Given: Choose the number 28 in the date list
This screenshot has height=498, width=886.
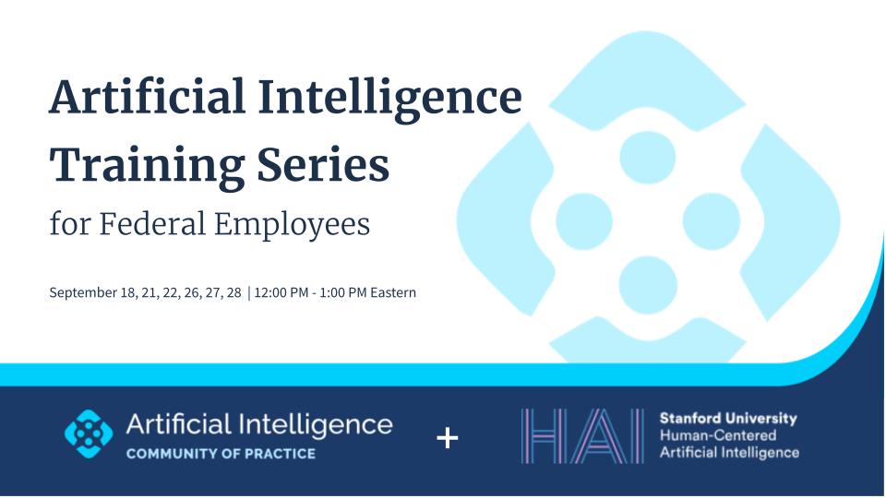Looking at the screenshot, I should click(233, 293).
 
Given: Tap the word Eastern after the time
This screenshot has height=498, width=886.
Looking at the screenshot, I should click(395, 293).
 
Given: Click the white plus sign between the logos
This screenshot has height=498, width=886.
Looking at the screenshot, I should click(447, 437).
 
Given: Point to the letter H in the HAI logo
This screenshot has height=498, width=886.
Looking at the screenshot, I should click(545, 435).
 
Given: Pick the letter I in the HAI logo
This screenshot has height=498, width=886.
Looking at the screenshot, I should click(636, 435).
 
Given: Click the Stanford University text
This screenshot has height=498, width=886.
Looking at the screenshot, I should click(728, 418).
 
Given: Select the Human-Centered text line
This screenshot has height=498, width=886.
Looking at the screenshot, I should click(718, 435).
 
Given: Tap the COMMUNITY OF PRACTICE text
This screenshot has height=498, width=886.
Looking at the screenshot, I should click(220, 454).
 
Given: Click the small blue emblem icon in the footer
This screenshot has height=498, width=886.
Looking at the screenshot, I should click(89, 433).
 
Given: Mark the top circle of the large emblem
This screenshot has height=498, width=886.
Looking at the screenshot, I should click(647, 156).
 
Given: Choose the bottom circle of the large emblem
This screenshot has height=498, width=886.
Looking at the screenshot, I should click(647, 282).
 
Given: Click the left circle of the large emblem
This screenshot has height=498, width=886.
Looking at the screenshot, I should click(584, 219).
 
